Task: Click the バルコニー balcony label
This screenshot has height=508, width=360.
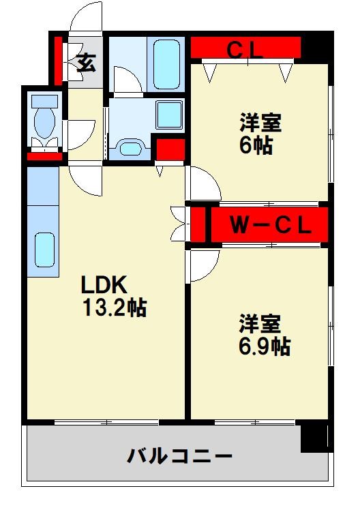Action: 179,456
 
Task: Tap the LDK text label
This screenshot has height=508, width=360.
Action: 104,285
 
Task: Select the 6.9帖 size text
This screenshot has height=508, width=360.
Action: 265,346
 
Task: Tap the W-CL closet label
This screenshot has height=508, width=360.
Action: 271,225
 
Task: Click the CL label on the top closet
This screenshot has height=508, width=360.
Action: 245,50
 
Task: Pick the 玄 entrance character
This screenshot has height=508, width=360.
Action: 87,62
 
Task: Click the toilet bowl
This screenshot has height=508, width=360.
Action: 45,123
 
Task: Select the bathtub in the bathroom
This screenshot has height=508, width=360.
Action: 166,65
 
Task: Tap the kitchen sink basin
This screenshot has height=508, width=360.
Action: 44,250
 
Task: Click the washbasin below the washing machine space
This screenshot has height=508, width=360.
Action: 130,149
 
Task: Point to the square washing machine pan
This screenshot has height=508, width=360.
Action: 169,115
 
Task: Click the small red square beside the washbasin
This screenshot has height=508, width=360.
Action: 170,149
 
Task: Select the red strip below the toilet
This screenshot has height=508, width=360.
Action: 44,157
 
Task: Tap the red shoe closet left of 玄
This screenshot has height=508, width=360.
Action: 58,61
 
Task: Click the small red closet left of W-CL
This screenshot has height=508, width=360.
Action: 198,225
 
